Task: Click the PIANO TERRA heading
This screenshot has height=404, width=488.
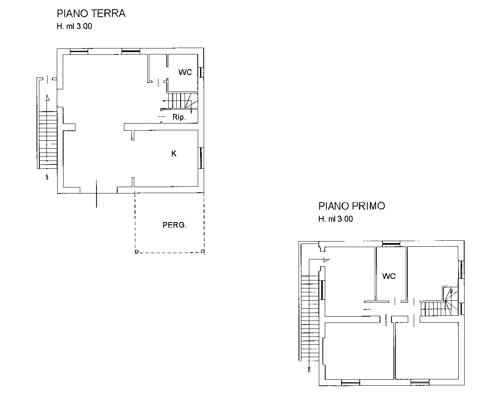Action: [x=91, y=14]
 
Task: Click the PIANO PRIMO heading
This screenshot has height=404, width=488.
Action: [x=352, y=206]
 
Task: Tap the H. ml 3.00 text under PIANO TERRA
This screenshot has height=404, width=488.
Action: [x=74, y=26]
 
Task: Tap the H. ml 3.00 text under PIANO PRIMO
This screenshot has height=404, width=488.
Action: [x=336, y=219]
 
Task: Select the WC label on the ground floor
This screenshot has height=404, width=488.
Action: [x=185, y=72]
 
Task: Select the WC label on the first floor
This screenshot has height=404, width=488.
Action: [x=389, y=276]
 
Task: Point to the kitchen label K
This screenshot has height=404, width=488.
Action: [x=174, y=154]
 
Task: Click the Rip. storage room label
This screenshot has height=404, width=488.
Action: [x=179, y=117]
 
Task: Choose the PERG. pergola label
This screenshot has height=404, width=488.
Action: [x=175, y=225]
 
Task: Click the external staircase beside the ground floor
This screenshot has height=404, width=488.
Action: [x=48, y=140]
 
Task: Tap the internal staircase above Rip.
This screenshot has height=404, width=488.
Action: [x=183, y=101]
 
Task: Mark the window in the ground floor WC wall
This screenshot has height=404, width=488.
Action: [x=201, y=72]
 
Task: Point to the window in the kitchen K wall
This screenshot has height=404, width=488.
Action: [x=201, y=158]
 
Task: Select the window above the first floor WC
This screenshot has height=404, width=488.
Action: [x=391, y=244]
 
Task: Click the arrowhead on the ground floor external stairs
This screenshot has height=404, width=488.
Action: [x=48, y=97]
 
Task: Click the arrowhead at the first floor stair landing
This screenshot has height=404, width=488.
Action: [x=326, y=260]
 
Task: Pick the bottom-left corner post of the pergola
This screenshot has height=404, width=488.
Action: [x=137, y=251]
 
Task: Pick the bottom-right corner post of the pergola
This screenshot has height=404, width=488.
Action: [x=203, y=251]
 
